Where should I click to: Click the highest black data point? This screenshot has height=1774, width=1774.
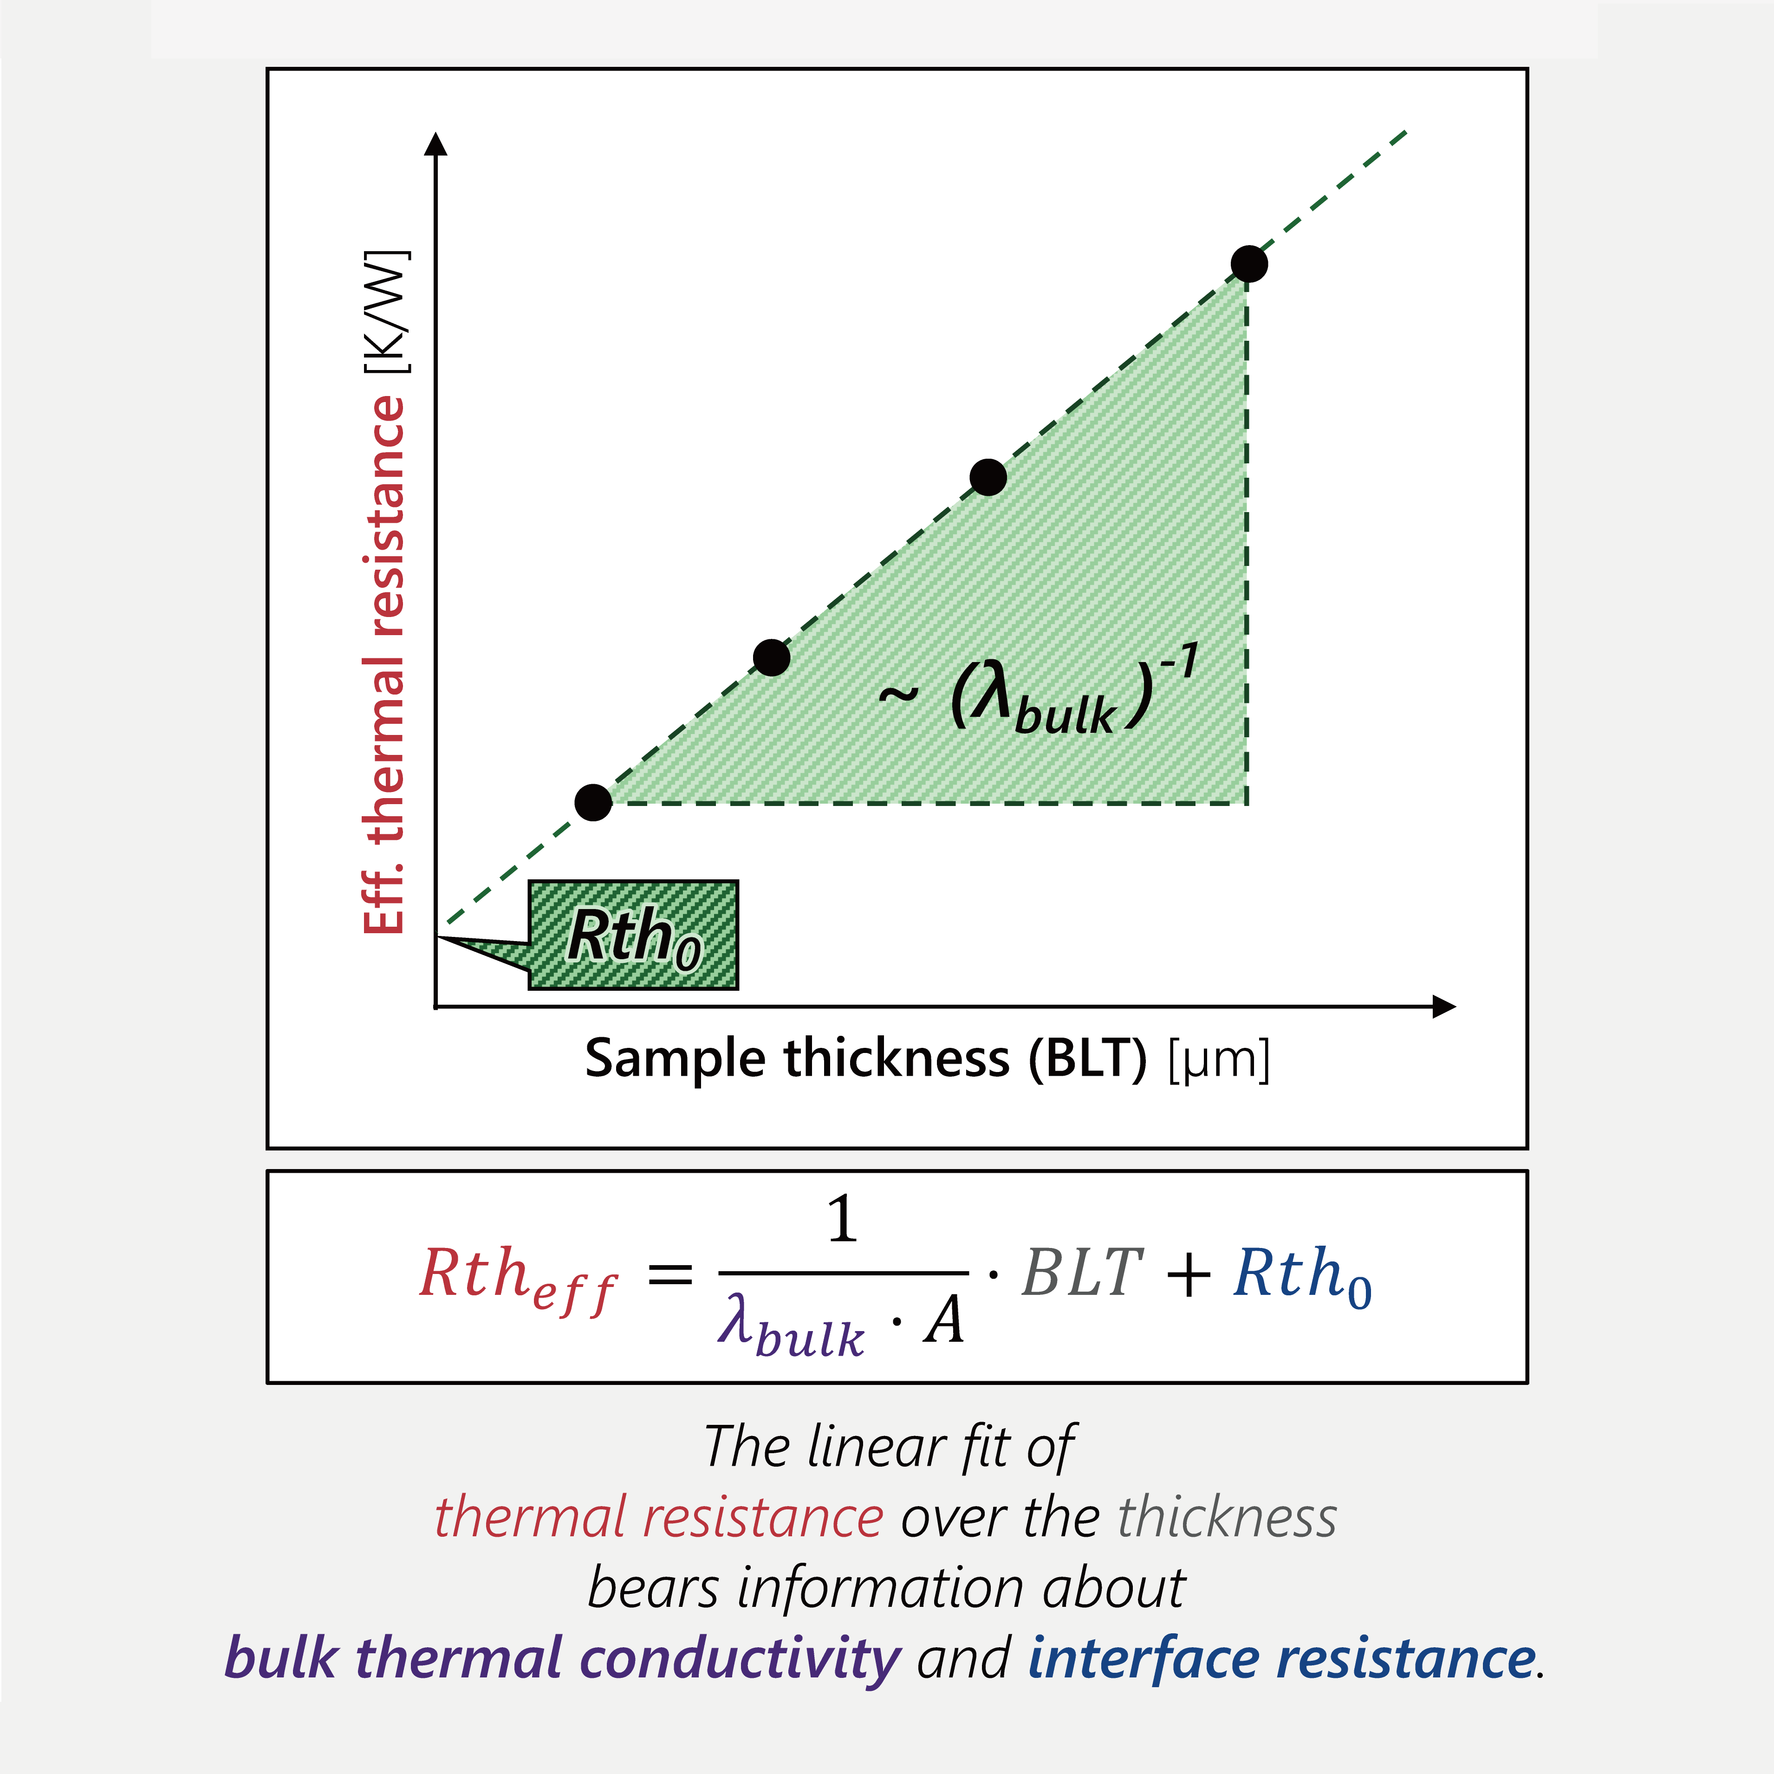(1249, 265)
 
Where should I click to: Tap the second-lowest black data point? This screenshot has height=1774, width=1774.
(771, 657)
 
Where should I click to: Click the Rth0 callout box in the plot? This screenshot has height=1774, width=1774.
(634, 935)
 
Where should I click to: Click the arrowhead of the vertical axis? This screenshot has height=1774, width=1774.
(437, 144)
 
